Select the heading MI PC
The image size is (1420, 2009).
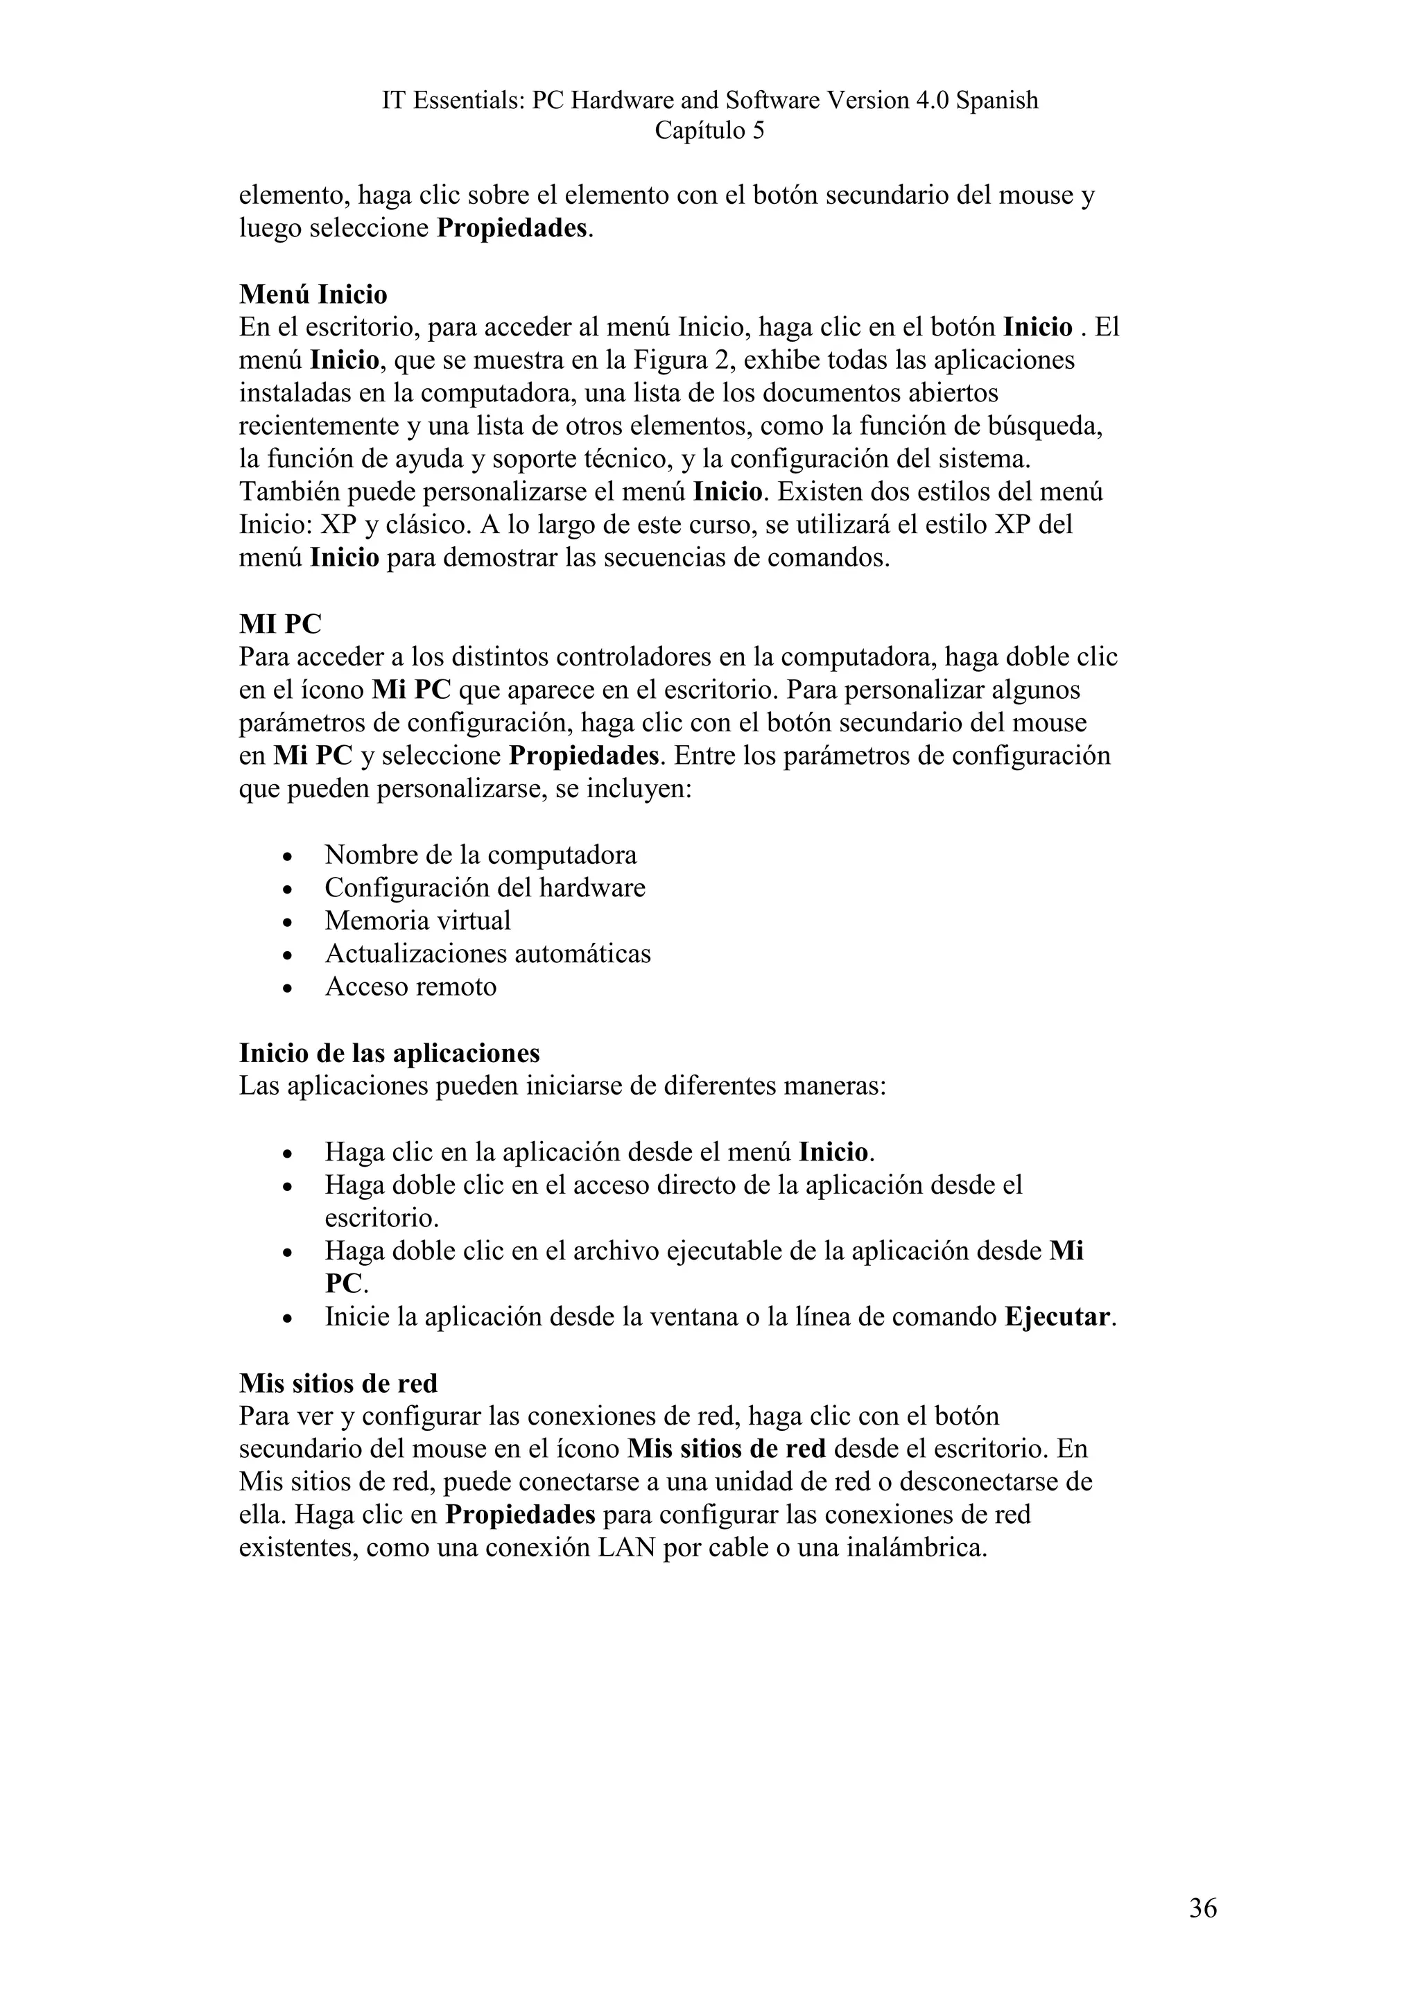[280, 624]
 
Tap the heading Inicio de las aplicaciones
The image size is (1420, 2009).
[390, 1052]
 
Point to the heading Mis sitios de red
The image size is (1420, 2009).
[338, 1384]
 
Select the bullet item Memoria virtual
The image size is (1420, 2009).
[417, 921]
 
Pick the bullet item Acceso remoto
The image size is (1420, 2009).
[410, 987]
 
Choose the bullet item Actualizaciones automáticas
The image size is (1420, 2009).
[487, 954]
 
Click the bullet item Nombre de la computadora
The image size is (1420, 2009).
[480, 855]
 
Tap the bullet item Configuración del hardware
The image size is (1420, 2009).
[485, 888]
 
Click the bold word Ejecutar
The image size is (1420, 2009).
[1057, 1318]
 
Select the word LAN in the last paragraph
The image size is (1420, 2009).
[626, 1549]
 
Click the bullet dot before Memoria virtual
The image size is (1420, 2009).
[288, 922]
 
